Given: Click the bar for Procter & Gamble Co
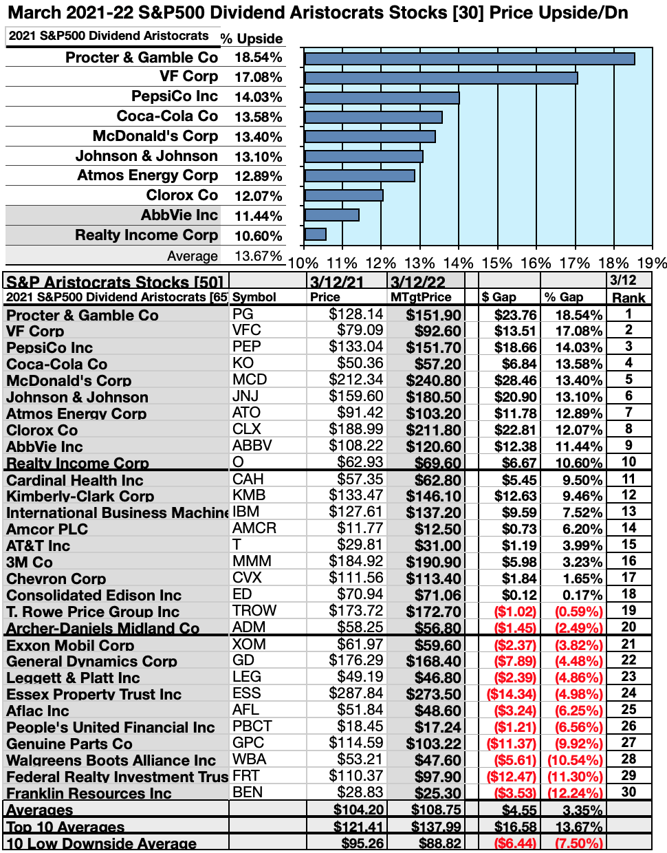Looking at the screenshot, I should [469, 58].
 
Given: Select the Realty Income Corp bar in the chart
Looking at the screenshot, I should [315, 235].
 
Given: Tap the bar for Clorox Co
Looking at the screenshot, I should [343, 195].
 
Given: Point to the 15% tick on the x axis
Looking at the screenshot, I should [496, 263].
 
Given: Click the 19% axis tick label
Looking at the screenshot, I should [651, 263].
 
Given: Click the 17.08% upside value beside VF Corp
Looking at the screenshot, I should [258, 77].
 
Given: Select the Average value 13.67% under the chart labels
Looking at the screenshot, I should [258, 256].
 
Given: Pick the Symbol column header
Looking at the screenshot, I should [254, 297].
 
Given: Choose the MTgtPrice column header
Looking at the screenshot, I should [421, 297].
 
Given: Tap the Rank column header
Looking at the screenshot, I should [628, 297].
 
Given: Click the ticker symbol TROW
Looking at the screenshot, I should [254, 611].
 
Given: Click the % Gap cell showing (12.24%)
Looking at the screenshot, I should [574, 793].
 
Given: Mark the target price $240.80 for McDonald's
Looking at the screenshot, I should [433, 380].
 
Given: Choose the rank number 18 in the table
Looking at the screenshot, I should [628, 594].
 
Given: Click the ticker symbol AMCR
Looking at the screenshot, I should [254, 528].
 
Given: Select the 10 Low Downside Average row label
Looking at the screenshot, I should [101, 843].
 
